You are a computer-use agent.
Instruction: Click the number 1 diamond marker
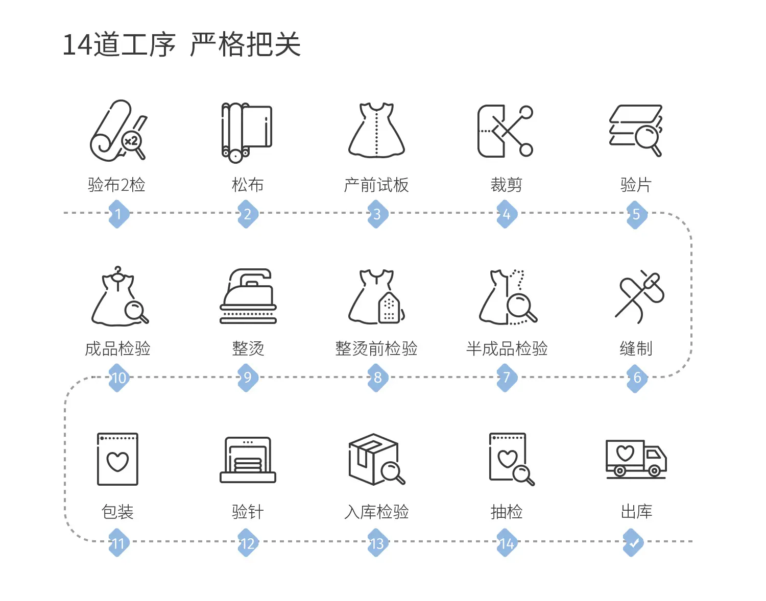pyautogui.click(x=118, y=214)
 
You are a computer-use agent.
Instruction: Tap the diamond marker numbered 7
pyautogui.click(x=507, y=378)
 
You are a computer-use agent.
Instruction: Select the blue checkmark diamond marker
pyautogui.click(x=633, y=542)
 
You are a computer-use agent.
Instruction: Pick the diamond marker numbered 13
pyautogui.click(x=377, y=542)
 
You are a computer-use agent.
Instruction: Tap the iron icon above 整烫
pyautogui.click(x=248, y=296)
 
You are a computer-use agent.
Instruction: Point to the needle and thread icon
pyautogui.click(x=639, y=296)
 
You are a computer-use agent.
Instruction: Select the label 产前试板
pyautogui.click(x=376, y=185)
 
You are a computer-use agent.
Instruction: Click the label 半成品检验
pyautogui.click(x=507, y=348)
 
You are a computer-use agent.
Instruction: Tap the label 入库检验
pyautogui.click(x=376, y=512)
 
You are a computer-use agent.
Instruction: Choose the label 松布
pyautogui.click(x=248, y=185)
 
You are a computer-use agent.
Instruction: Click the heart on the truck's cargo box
pyautogui.click(x=625, y=453)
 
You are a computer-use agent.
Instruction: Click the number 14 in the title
pyautogui.click(x=78, y=45)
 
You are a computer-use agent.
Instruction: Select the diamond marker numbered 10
pyautogui.click(x=119, y=378)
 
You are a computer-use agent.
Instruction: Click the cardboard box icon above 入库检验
pyautogui.click(x=376, y=459)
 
